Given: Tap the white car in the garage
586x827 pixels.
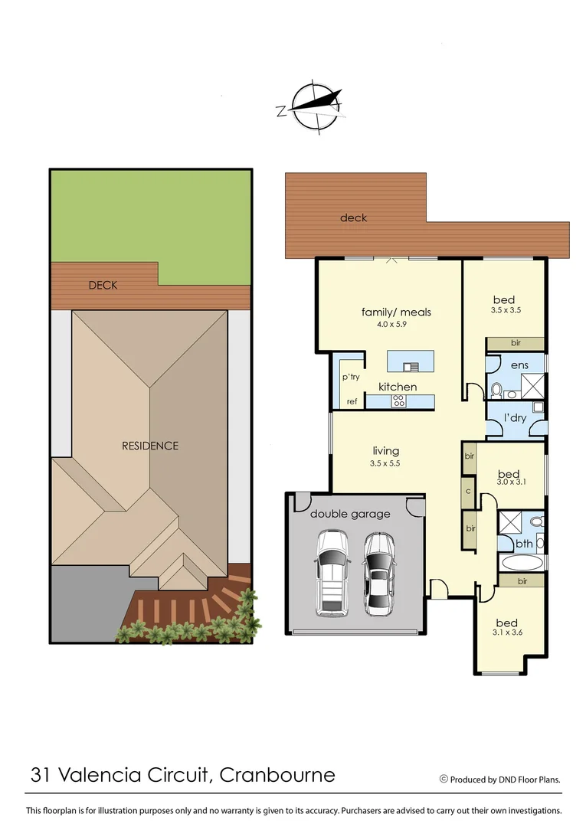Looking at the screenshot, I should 331,573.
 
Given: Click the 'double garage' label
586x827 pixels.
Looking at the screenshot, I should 350,514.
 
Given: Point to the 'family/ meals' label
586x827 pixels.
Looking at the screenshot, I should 396,312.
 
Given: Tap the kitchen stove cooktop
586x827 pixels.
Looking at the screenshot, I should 398,400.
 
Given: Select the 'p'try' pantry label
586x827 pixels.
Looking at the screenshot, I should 351,377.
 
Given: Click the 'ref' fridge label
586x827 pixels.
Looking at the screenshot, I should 352,401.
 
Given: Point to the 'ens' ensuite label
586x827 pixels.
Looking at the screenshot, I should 519,365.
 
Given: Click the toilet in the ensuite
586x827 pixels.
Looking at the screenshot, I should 496,391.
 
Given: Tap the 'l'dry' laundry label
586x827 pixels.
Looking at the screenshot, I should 516,417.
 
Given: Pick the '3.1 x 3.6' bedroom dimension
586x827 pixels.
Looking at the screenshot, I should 506,633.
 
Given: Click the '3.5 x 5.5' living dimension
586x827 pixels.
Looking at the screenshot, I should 385,463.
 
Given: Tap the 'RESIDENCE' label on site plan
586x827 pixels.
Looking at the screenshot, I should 150,446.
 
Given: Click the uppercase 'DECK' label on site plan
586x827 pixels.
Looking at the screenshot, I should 103,285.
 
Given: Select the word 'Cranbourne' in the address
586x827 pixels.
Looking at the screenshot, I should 277,774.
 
